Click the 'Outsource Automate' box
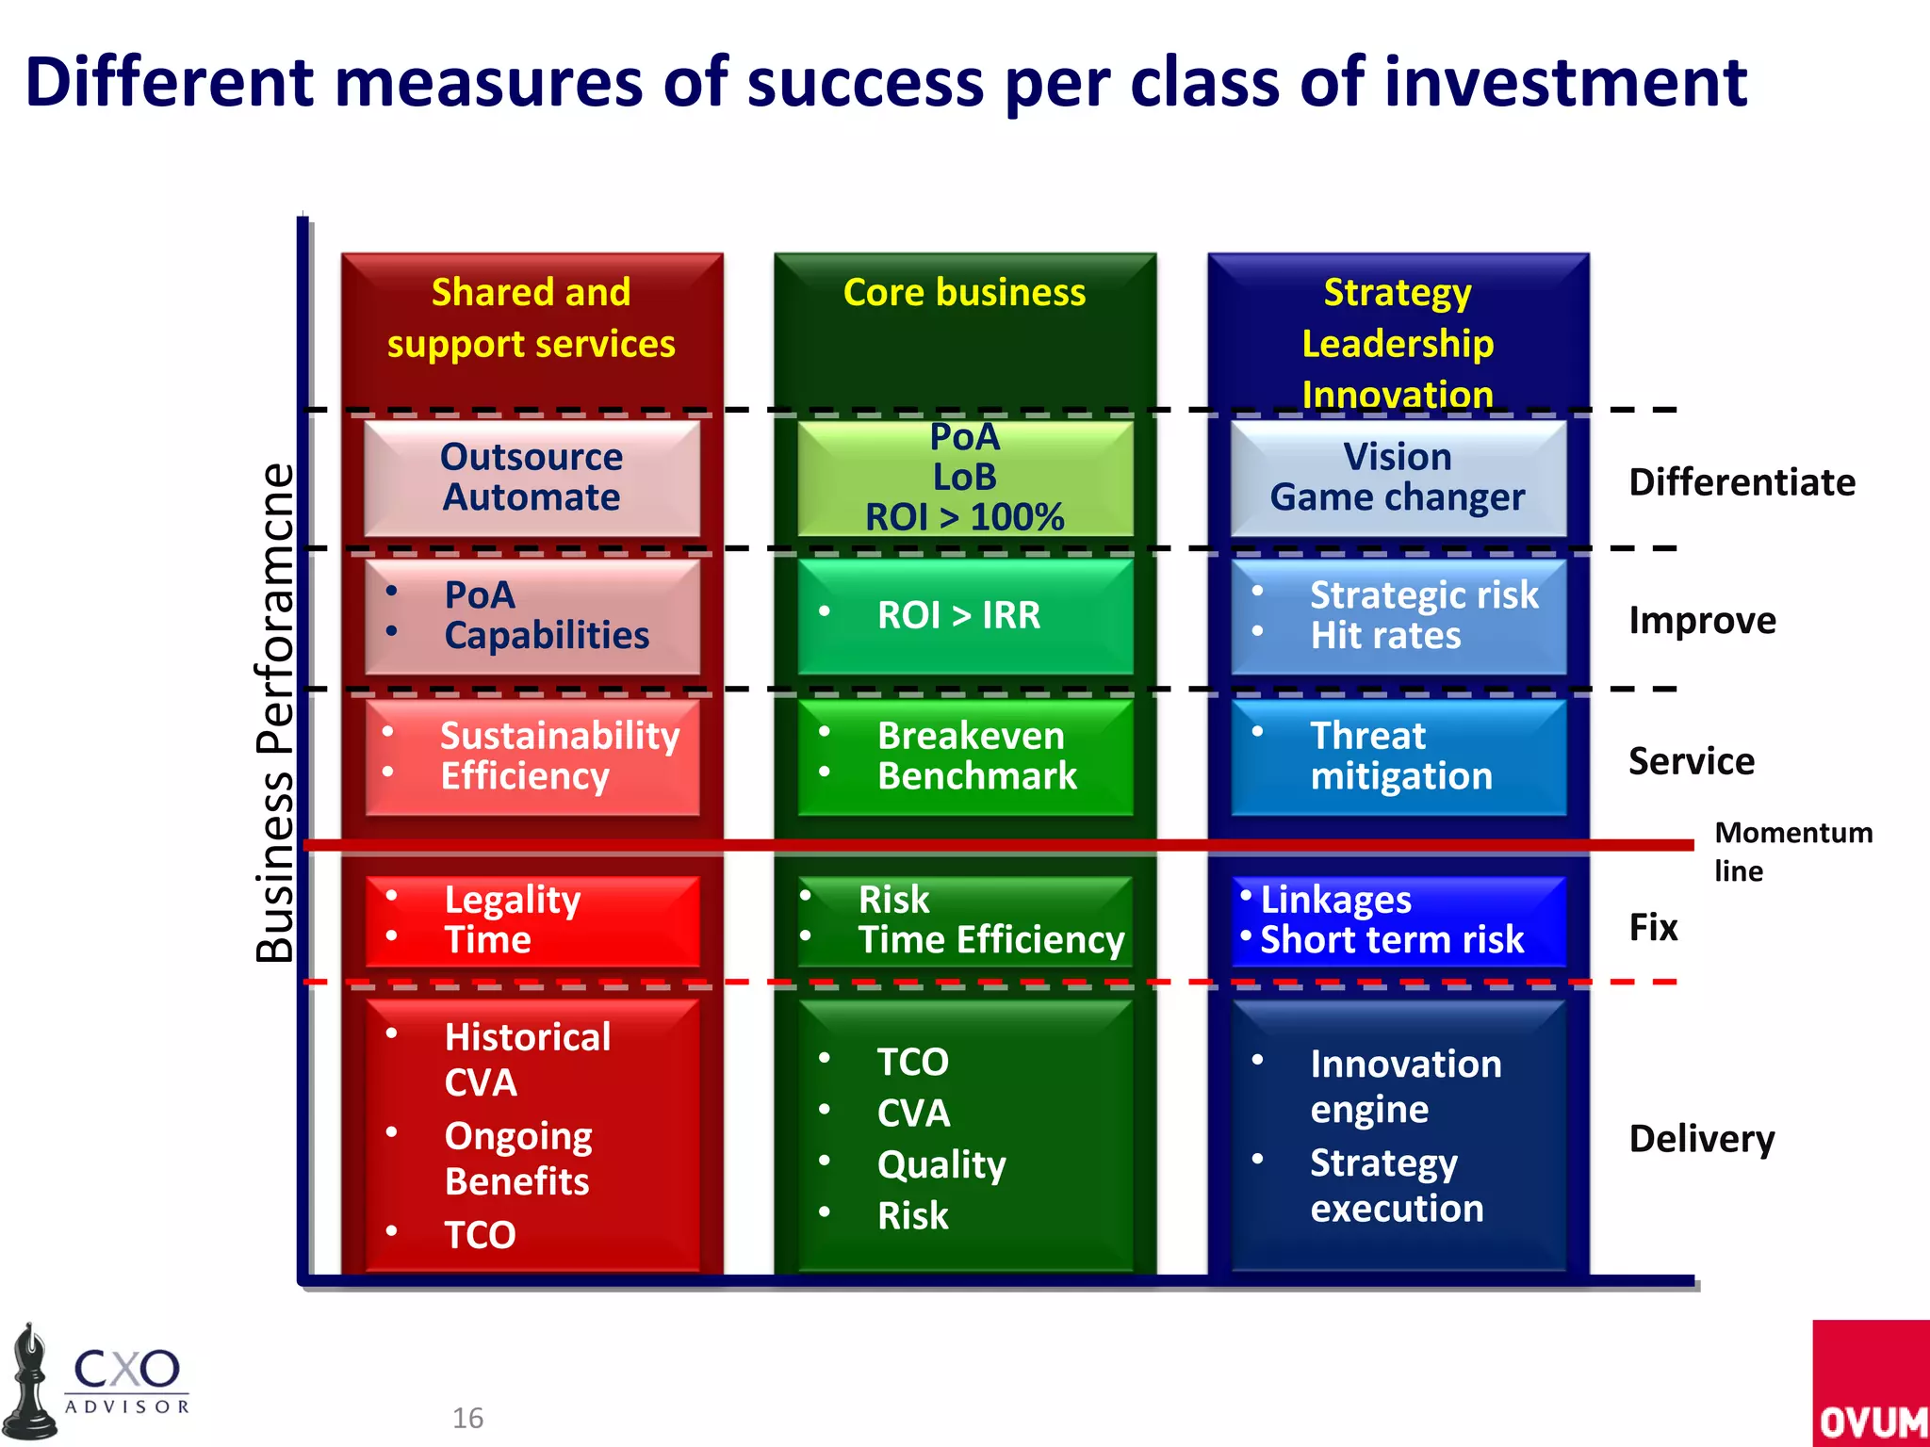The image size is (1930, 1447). coord(532,478)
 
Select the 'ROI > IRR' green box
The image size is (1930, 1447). coord(965,616)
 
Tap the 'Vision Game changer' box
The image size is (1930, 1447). coord(1398,478)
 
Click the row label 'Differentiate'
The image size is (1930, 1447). coord(1742,482)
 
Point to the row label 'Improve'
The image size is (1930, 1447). coord(1702,621)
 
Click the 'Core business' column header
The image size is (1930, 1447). coord(964,293)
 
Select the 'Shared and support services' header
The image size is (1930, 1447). coord(532,318)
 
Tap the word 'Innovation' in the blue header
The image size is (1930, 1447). coord(1398,395)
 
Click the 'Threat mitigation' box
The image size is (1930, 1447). coord(1398,756)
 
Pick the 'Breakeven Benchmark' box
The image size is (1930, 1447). coord(965,756)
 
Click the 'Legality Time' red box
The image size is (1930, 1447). coord(532,920)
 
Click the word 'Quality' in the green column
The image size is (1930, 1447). coord(940,1165)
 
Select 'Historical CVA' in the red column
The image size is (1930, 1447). coord(526,1060)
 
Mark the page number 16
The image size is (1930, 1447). coord(467,1418)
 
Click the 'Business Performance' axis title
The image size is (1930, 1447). coord(274,713)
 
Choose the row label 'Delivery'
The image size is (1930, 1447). coord(1701,1139)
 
